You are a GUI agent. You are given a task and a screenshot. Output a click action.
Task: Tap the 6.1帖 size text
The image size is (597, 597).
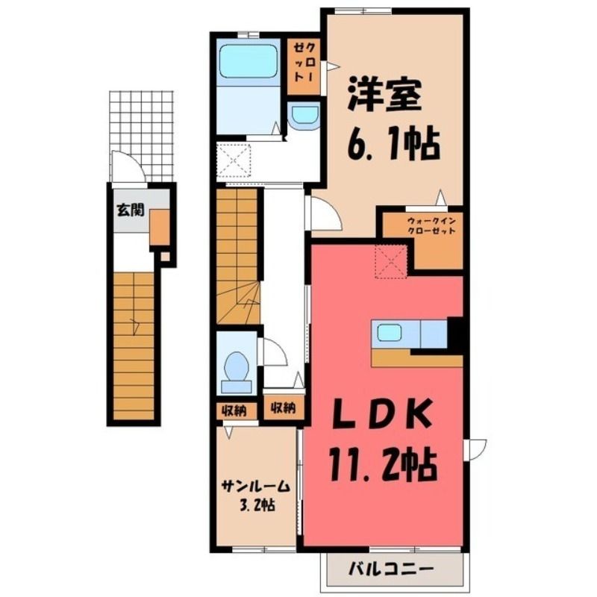click(x=393, y=145)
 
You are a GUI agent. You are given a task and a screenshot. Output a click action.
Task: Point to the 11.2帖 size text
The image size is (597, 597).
click(x=383, y=464)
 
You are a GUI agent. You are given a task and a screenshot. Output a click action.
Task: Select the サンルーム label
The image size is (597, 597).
click(x=256, y=486)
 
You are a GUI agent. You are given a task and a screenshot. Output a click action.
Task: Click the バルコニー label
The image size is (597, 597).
click(x=391, y=569)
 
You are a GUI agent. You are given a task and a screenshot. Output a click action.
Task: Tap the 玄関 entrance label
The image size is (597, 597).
click(x=130, y=210)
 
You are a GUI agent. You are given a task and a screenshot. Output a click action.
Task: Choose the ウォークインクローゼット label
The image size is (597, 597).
click(x=431, y=226)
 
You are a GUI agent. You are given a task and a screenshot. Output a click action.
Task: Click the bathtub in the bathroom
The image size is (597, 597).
click(x=248, y=61)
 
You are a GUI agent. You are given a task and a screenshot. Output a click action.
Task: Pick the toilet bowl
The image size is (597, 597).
click(x=237, y=366)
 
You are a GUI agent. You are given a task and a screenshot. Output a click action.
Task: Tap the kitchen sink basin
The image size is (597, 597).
click(x=389, y=332)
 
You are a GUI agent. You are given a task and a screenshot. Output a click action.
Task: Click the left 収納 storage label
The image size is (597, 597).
click(x=234, y=411)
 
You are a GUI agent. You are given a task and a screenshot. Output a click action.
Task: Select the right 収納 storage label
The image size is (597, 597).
click(x=284, y=408)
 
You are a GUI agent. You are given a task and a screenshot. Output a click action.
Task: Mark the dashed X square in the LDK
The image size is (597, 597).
click(x=391, y=261)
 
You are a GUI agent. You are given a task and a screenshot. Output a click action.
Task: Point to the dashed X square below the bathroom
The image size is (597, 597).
click(x=234, y=160)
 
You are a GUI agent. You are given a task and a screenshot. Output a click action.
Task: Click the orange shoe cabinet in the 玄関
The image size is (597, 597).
click(x=159, y=228)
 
